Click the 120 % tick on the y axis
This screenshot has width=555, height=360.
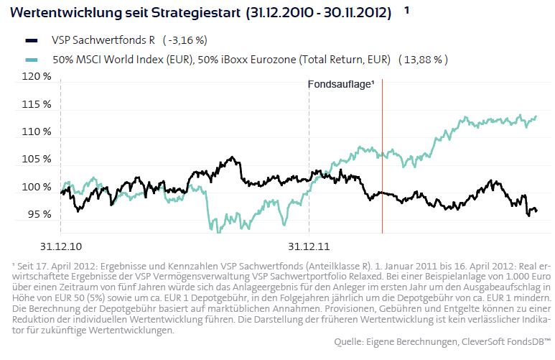[x=37, y=77]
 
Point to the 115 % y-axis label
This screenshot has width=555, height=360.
[x=37, y=105]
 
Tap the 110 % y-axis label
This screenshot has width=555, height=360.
[x=37, y=132]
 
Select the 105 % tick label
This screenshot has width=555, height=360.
[x=37, y=160]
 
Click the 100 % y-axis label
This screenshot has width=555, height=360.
[x=37, y=188]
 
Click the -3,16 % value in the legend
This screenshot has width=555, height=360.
[x=186, y=40]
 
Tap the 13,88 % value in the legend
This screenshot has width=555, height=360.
[x=423, y=60]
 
